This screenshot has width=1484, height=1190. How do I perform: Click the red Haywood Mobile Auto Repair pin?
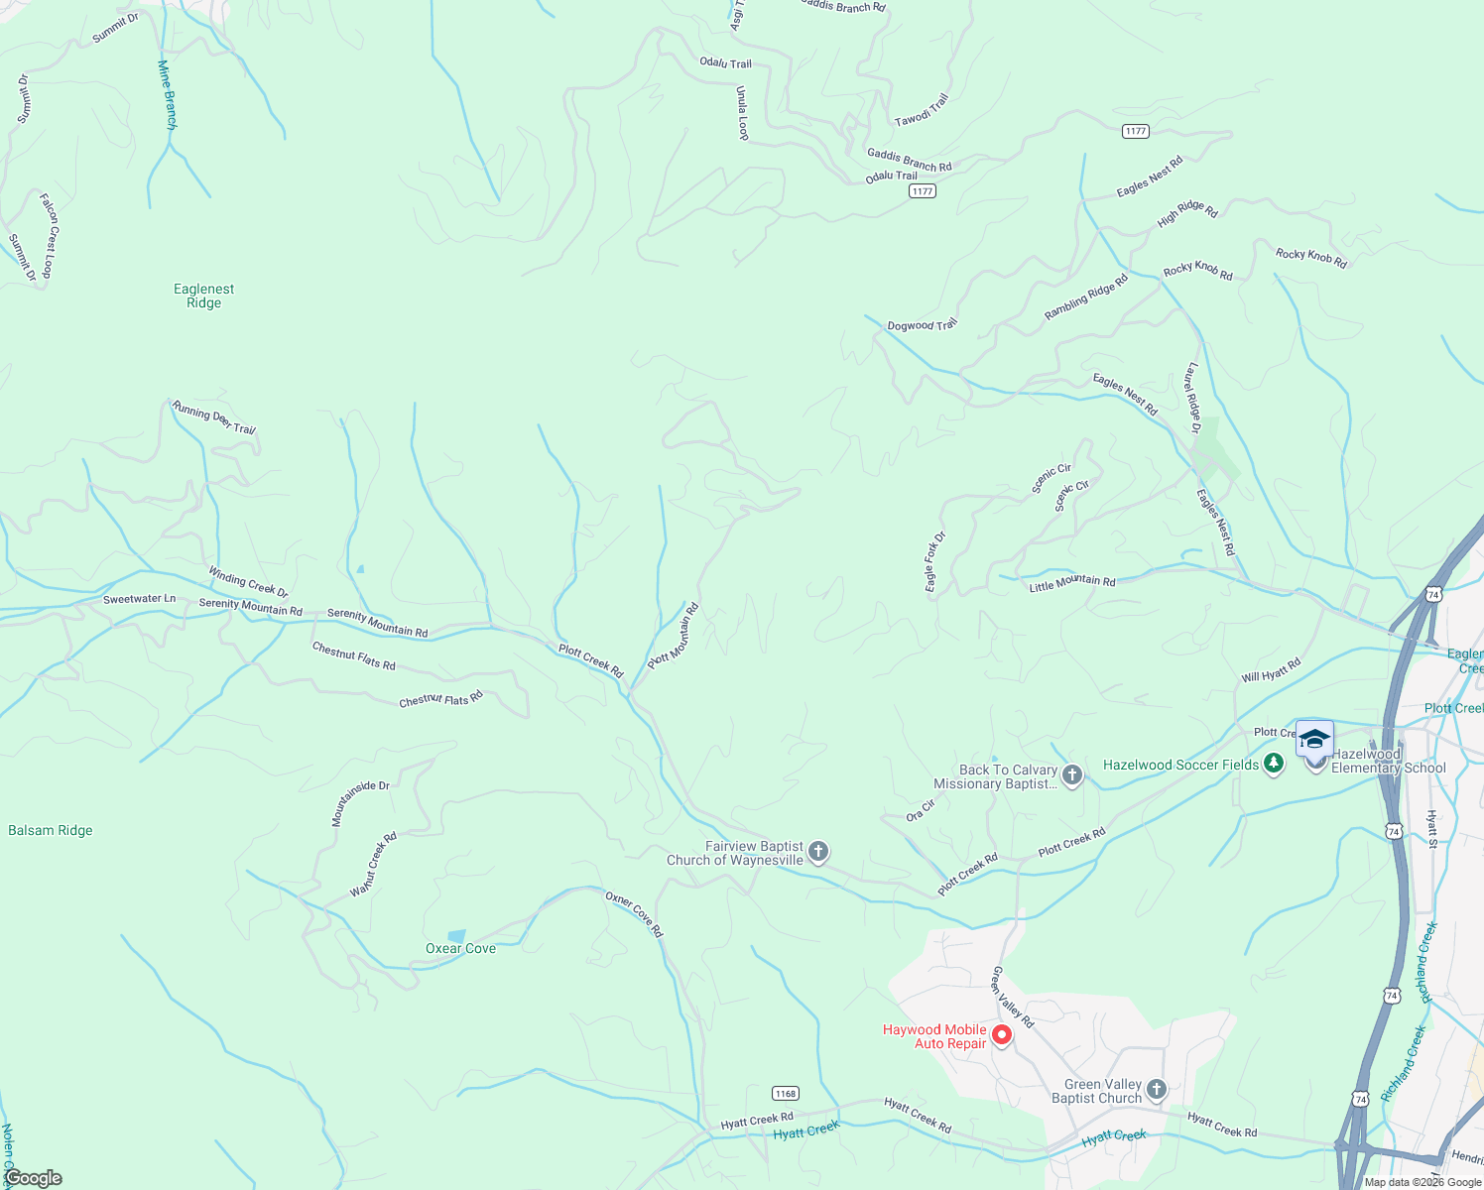tap(1002, 1035)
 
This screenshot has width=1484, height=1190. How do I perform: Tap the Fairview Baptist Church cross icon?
tap(818, 852)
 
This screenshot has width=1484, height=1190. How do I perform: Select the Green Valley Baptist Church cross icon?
tap(1157, 1090)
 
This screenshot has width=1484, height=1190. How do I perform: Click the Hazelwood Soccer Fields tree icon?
tap(1275, 764)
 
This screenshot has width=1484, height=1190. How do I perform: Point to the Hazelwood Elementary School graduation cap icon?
tap(1314, 740)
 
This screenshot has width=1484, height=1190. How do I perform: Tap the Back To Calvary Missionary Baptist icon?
tap(1072, 775)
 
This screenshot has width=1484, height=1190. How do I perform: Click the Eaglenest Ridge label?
tap(203, 296)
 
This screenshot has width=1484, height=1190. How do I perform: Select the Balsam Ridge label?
tap(51, 830)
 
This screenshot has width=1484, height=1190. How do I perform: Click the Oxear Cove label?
tap(460, 948)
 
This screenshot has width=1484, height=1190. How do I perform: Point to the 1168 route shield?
tap(786, 1093)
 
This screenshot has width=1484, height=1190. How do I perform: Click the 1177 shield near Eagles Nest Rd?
tap(1136, 131)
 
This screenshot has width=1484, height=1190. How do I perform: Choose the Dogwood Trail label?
tap(922, 325)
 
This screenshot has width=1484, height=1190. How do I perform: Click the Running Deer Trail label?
tap(214, 417)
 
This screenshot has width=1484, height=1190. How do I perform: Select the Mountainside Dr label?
tap(360, 803)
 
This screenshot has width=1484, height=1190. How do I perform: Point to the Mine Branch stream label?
tap(168, 95)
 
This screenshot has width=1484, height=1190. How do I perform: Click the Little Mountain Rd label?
tap(1071, 584)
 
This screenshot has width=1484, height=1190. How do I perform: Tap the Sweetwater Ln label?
tap(139, 599)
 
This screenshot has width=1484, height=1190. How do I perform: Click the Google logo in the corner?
tap(33, 1178)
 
